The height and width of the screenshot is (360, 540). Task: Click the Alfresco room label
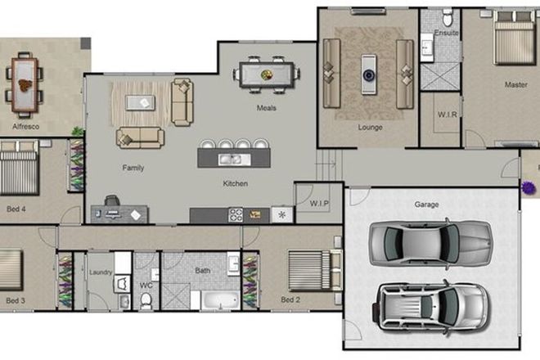[x=25, y=127]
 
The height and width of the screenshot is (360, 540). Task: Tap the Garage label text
[x=426, y=204]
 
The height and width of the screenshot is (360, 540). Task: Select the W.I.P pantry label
[x=319, y=203]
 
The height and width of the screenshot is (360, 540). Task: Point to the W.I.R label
[x=447, y=115]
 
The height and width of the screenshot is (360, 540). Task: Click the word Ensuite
[x=447, y=34]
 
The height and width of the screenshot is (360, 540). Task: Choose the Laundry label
[x=101, y=272]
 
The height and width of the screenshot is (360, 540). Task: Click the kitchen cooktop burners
[x=236, y=215]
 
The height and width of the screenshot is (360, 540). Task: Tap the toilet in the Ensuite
[x=447, y=16]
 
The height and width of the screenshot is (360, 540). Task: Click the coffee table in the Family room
[x=143, y=101]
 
